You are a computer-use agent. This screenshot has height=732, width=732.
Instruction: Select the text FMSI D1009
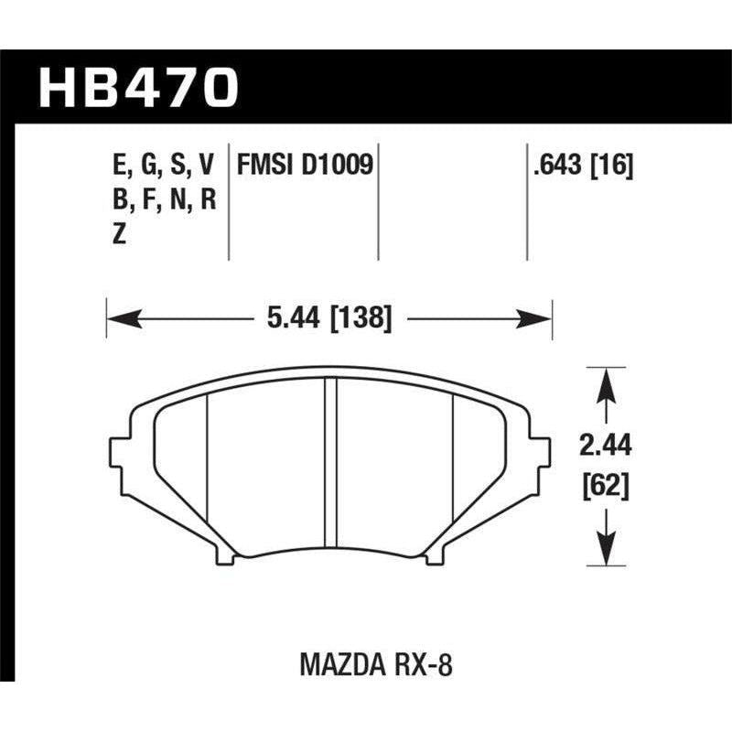click(x=304, y=166)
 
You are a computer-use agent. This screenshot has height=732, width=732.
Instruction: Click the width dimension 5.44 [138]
click(x=331, y=318)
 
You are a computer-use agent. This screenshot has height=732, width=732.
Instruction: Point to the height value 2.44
click(x=604, y=447)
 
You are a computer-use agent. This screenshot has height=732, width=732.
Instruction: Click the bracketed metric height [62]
click(x=604, y=487)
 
